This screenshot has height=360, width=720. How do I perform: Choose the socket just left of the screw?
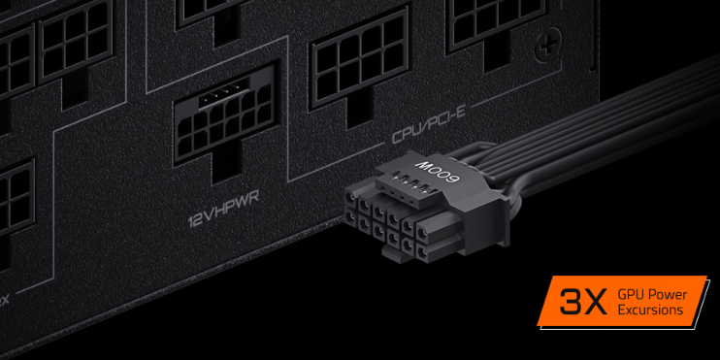491,25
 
